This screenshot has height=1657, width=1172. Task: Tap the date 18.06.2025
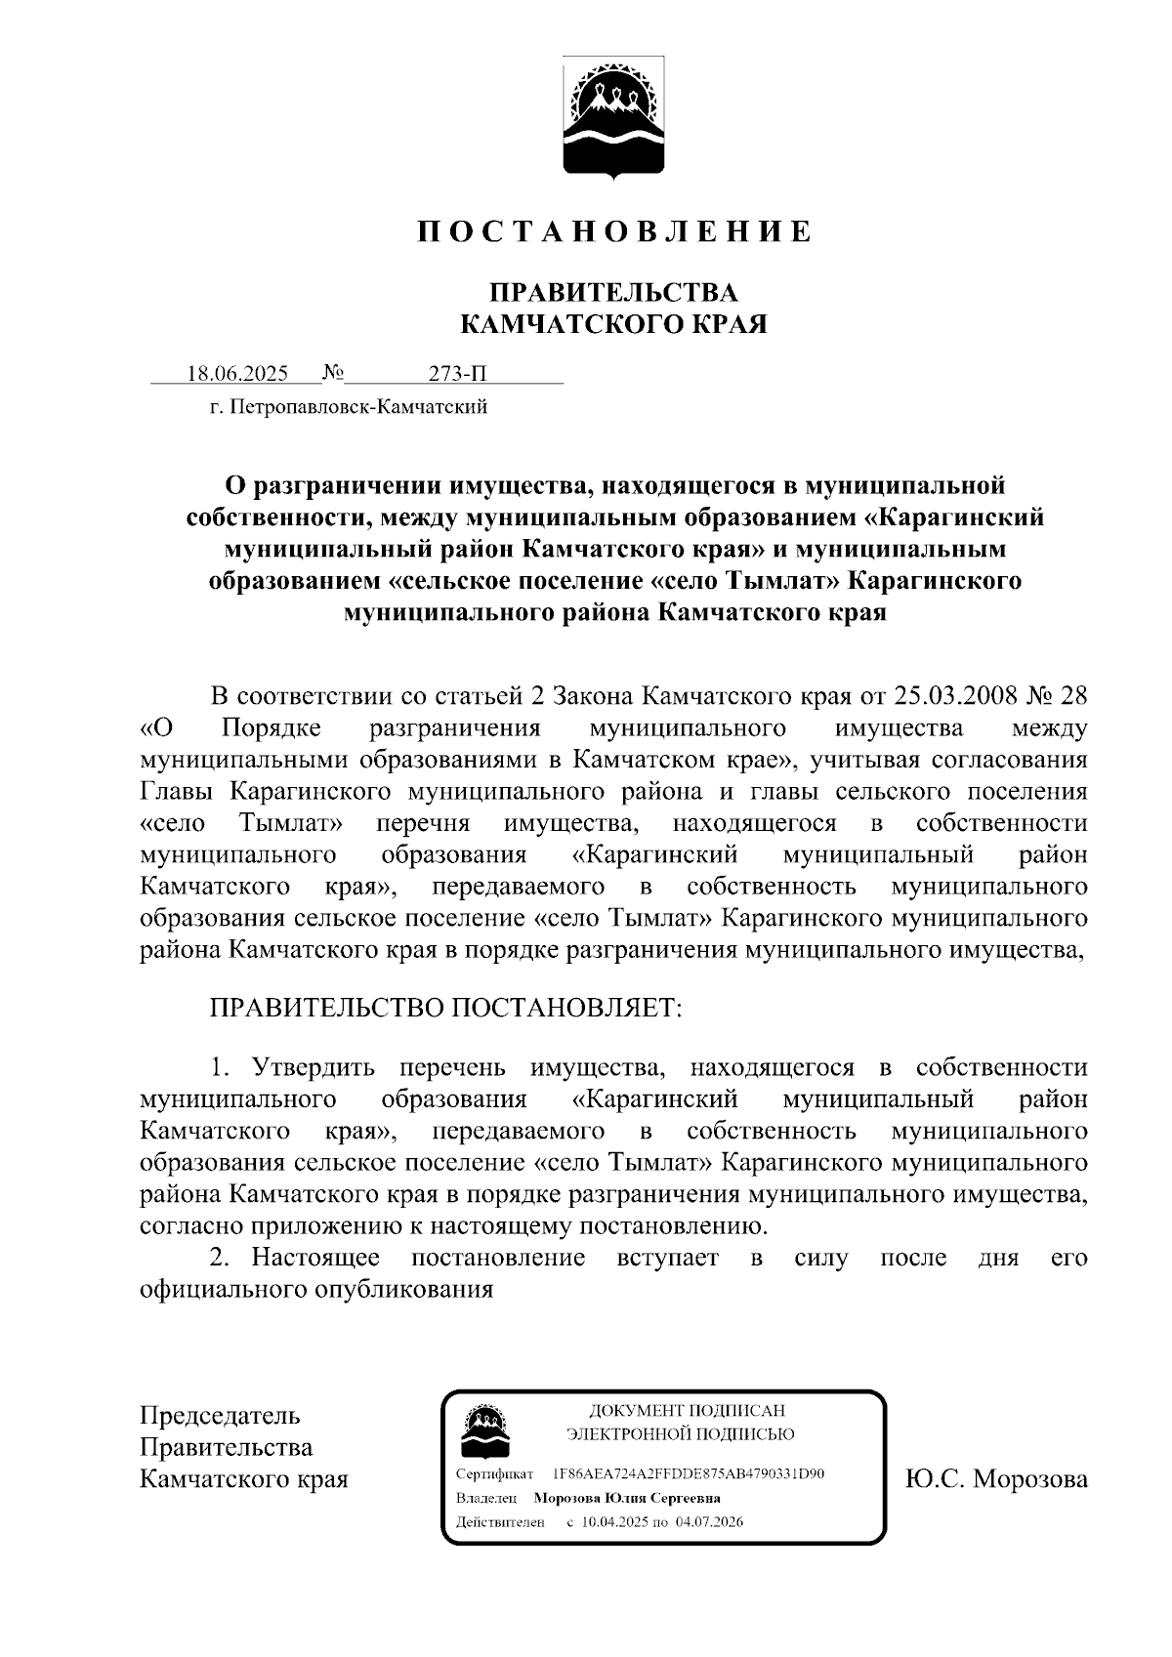pyautogui.click(x=237, y=374)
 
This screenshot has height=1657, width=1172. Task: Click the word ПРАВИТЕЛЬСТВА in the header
pyautogui.click(x=613, y=292)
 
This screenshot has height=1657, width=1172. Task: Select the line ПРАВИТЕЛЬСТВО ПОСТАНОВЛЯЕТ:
pyautogui.click(x=445, y=1007)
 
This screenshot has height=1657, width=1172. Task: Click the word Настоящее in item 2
pyautogui.click(x=315, y=1257)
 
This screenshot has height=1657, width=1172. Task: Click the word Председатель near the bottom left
pyautogui.click(x=220, y=1415)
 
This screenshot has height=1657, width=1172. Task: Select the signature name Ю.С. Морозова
pyautogui.click(x=996, y=1478)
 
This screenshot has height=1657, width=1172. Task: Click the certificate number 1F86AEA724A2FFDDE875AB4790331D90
pyautogui.click(x=689, y=1472)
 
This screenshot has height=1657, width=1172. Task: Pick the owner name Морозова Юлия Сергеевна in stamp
pyautogui.click(x=626, y=1497)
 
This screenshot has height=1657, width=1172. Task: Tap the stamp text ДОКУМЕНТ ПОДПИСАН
pyautogui.click(x=687, y=1410)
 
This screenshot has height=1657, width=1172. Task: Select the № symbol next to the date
pyautogui.click(x=333, y=373)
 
